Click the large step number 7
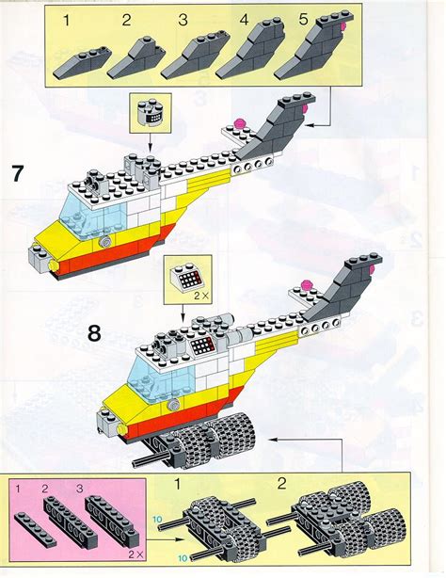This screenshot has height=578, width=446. pyautogui.click(x=17, y=173)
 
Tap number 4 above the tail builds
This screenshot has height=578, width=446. pyautogui.click(x=245, y=19)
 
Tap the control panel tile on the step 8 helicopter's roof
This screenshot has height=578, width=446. pyautogui.click(x=201, y=346)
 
